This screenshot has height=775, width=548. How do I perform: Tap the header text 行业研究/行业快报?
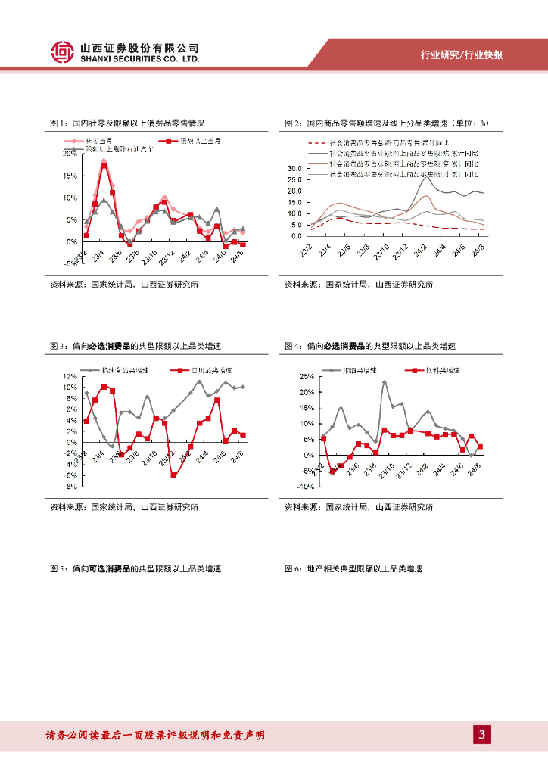pyautogui.click(x=462, y=55)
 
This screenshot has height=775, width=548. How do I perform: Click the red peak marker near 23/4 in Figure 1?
pyautogui.click(x=104, y=164)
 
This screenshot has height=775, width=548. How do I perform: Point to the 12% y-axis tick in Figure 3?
pyautogui.click(x=70, y=376)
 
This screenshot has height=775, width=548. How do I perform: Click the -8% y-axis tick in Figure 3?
pyautogui.click(x=70, y=487)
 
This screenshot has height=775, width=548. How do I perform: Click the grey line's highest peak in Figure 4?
pyautogui.click(x=385, y=382)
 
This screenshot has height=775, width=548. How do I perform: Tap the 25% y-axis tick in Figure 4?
pyautogui.click(x=307, y=376)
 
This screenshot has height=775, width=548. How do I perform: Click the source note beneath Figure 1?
pyautogui.click(x=124, y=285)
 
